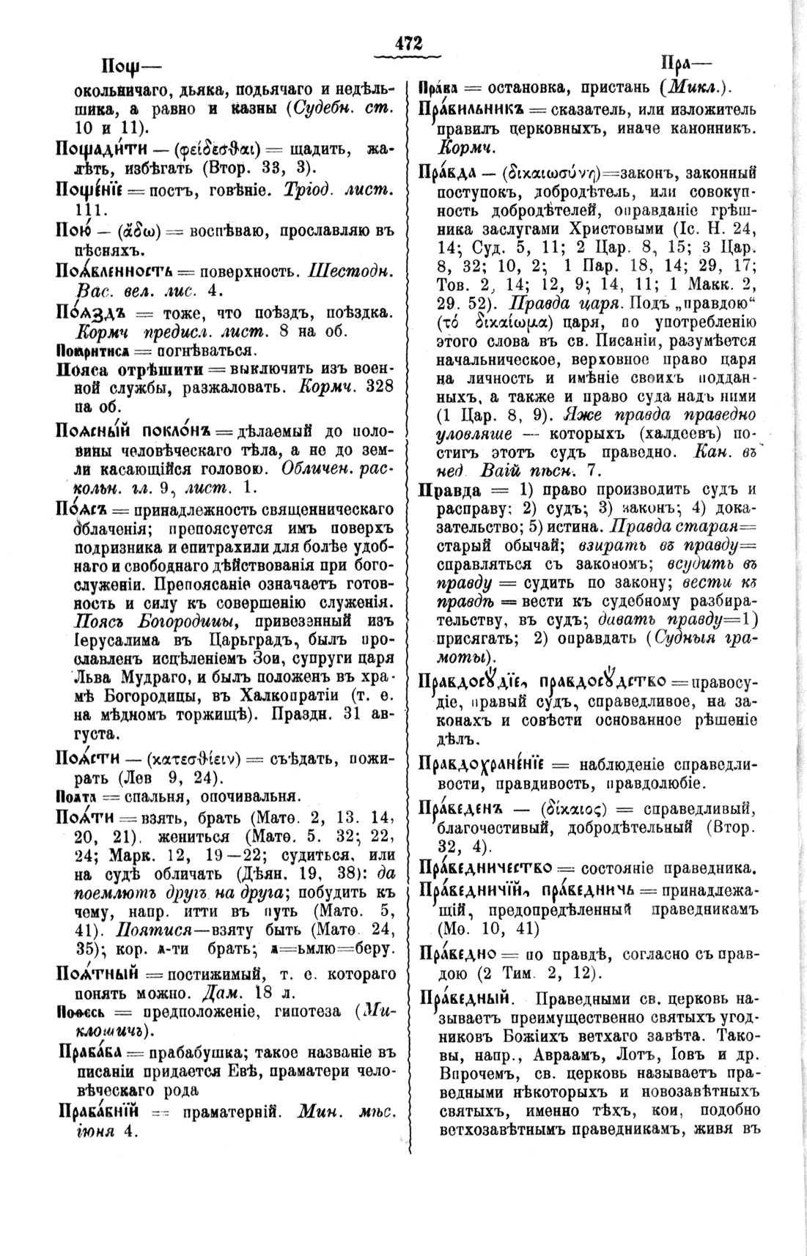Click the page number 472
(x=409, y=43)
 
